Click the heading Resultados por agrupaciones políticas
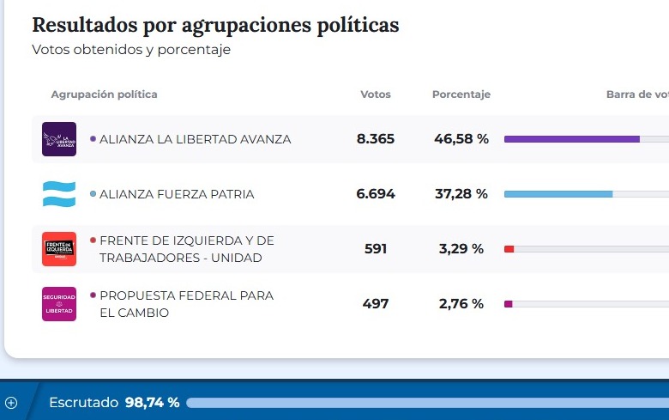(215, 25)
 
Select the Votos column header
(376, 94)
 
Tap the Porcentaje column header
(461, 94)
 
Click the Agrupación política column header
(104, 94)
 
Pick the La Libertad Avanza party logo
(59, 139)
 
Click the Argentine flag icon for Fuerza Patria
(59, 194)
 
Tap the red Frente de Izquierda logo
(59, 249)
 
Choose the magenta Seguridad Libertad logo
(59, 304)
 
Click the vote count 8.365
(376, 139)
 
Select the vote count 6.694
(376, 194)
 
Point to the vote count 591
(376, 249)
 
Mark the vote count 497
(376, 304)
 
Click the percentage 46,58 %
(461, 139)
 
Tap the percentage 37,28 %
(461, 194)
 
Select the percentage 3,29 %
(461, 249)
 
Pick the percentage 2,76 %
(461, 304)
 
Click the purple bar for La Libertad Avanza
(571, 139)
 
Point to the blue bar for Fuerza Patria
(557, 194)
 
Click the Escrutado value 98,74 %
(152, 402)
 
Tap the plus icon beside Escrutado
(11, 402)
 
